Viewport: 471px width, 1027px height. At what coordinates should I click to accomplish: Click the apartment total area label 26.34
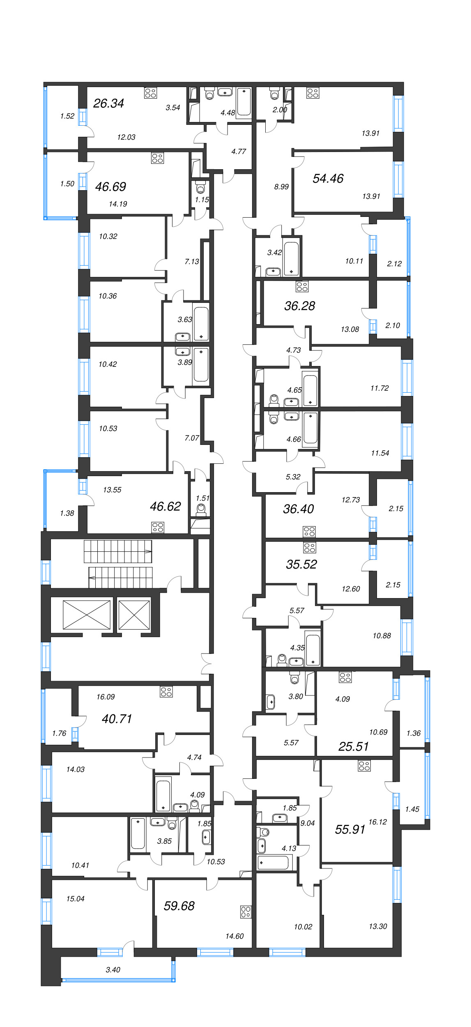[x=108, y=103]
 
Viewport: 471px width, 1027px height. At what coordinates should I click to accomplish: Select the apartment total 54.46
[x=328, y=178]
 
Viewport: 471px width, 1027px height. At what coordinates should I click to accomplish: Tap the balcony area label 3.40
[x=113, y=969]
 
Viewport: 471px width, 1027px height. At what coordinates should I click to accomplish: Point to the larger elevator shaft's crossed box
[x=87, y=615]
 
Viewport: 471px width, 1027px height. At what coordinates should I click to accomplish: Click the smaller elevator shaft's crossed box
[x=134, y=615]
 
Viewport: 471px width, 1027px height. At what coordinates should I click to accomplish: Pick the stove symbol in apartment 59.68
[x=246, y=912]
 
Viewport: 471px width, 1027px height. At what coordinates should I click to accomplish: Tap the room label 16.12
[x=377, y=822]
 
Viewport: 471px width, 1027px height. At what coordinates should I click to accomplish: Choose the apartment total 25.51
[x=353, y=746]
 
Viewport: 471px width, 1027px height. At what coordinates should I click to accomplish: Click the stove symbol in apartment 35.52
[x=310, y=548]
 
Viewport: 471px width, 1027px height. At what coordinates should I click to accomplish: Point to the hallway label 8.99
[x=281, y=187]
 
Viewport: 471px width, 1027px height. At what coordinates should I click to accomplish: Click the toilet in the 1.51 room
[x=201, y=510]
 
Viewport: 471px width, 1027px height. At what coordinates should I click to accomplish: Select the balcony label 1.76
[x=59, y=733]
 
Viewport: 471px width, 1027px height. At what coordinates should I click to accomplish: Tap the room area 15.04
[x=76, y=898]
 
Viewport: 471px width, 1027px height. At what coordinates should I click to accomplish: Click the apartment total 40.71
[x=117, y=718]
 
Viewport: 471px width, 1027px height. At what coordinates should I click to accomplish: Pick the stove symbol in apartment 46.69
[x=157, y=158]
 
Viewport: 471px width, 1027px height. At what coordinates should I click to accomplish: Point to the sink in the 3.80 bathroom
[x=271, y=702]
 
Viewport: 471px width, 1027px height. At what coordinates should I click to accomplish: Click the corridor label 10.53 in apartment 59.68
[x=216, y=861]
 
